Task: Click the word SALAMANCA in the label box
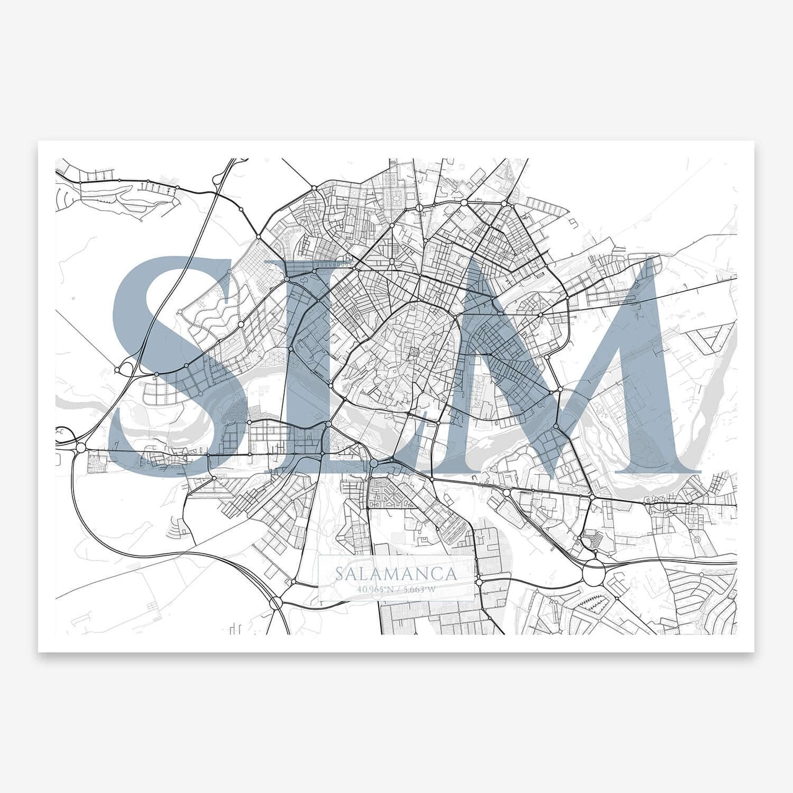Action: click(396, 574)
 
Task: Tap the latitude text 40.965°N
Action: click(375, 590)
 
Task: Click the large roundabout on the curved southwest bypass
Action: click(275, 603)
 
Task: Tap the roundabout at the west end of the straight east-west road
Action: click(81, 449)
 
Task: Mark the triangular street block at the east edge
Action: click(711, 340)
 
